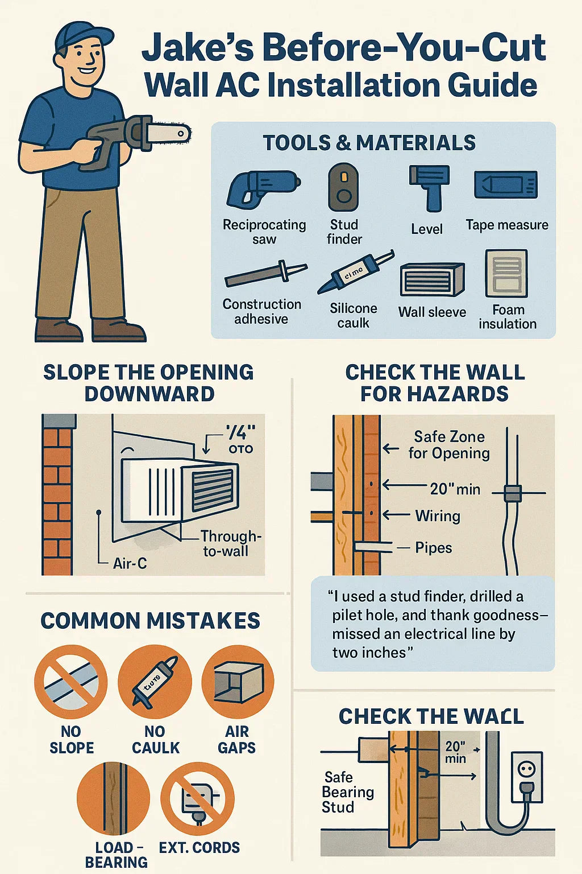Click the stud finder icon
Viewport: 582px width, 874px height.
343,188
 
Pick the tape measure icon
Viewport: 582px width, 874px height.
506,185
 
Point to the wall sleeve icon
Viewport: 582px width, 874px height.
432,279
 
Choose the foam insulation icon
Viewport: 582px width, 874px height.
506,274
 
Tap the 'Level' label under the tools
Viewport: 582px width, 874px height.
426,229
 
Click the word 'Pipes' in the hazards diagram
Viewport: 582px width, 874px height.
434,548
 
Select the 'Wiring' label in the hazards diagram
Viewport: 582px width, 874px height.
438,516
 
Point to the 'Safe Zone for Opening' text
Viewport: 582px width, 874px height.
449,445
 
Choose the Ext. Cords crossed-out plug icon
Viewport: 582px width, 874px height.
197,799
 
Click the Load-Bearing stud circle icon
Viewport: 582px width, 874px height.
113,799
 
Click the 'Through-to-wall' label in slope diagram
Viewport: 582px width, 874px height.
230,543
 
